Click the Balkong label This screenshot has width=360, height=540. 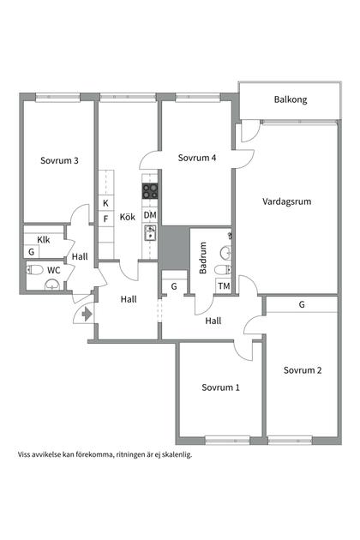(x=291, y=100)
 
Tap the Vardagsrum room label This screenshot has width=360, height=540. (x=286, y=201)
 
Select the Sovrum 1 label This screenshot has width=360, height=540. (x=220, y=387)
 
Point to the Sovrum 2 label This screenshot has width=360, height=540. (x=303, y=370)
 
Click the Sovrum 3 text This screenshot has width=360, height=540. (x=59, y=160)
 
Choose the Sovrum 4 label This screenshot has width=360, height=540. (x=197, y=158)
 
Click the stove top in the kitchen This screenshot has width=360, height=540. (x=150, y=191)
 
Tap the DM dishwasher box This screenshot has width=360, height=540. (x=150, y=215)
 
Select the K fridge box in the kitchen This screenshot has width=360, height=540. (x=106, y=203)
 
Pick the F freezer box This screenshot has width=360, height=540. (x=106, y=219)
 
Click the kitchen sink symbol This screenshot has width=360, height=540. (x=150, y=233)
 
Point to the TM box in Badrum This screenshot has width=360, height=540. (x=224, y=285)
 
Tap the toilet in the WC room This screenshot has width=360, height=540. (x=34, y=270)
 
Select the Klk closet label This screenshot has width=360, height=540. (x=44, y=240)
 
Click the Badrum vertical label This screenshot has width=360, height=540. (x=203, y=258)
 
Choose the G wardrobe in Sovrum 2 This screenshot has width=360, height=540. (x=302, y=304)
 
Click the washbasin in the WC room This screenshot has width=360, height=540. (x=52, y=285)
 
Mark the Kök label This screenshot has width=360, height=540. (x=128, y=217)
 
